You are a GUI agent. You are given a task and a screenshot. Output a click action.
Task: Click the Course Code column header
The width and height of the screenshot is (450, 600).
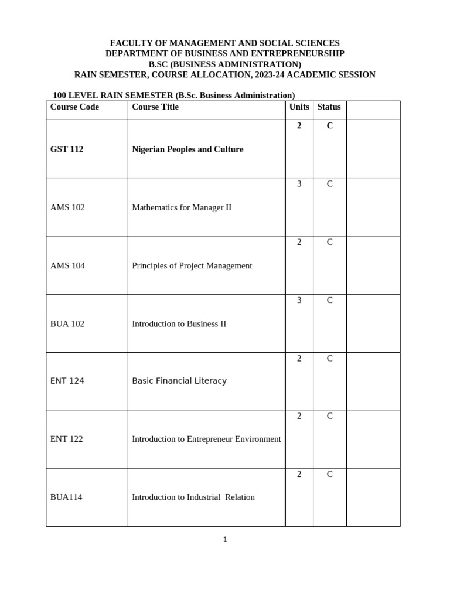74,107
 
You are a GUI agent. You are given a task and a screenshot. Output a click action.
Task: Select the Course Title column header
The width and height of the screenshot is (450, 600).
155,107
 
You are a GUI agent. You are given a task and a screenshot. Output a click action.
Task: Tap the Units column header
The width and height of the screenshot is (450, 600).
299,107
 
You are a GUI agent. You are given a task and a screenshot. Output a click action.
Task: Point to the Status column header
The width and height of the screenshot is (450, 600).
329,107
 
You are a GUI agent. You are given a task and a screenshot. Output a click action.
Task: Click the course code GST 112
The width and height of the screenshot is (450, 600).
67,149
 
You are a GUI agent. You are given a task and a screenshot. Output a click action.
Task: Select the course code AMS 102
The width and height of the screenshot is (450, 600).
67,207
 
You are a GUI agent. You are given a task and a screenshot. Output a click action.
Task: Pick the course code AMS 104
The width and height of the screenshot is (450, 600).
67,265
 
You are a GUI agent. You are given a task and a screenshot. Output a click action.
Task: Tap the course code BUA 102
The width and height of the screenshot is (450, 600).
67,323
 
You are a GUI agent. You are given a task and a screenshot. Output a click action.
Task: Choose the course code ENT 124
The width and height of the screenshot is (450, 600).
67,381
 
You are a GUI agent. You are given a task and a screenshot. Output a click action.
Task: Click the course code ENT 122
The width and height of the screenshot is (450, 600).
67,439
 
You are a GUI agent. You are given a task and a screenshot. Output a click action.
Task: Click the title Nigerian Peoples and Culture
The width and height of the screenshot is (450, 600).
187,149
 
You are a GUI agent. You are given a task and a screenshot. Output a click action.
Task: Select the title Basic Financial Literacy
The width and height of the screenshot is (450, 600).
179,381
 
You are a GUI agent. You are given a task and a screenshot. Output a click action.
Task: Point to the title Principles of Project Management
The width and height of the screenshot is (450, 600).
192,265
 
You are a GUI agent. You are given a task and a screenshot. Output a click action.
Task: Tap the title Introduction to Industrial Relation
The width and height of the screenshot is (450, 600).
193,497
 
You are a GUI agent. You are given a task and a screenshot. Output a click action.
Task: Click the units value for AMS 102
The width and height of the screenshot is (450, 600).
299,184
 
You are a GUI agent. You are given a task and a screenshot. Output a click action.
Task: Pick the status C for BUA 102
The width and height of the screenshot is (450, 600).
329,300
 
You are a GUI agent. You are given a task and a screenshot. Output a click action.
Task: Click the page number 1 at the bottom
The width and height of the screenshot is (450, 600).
224,540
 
